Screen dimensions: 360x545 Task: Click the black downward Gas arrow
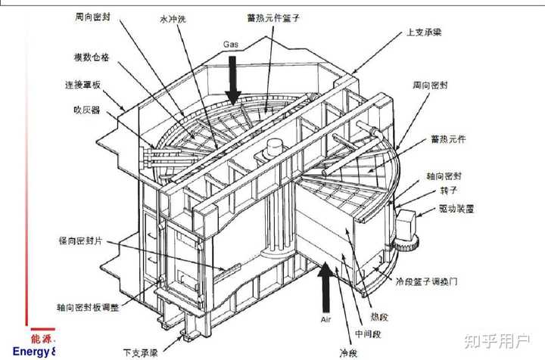pos(232,83)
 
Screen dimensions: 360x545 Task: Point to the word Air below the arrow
pos(325,321)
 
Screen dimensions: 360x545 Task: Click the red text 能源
pos(42,339)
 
